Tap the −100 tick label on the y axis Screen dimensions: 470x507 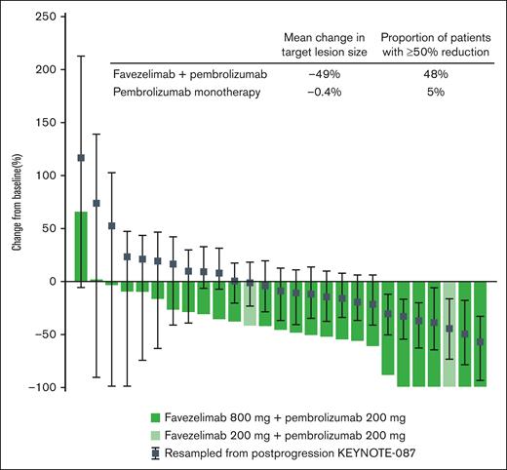[x=43, y=387]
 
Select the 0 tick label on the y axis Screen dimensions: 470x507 [x=54, y=282]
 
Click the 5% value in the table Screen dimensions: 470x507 [x=435, y=92]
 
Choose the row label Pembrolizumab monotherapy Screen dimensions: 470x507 [x=182, y=92]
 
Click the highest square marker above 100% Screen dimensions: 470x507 [x=81, y=158]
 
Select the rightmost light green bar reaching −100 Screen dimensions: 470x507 [x=449, y=334]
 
